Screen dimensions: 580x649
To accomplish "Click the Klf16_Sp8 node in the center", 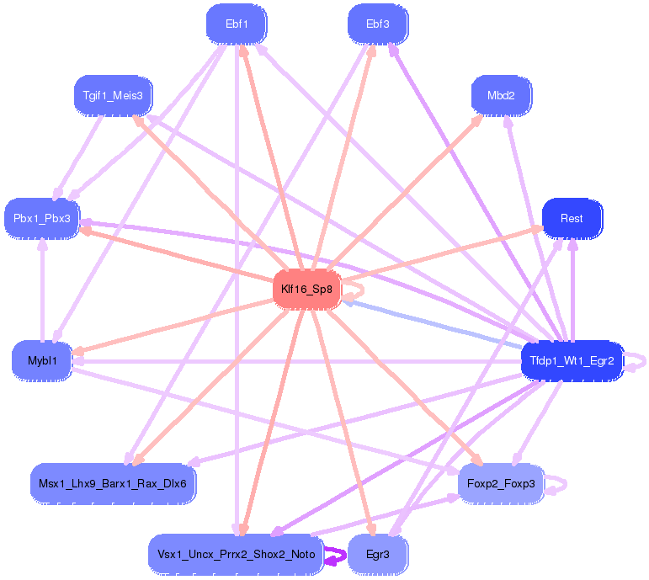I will point(306,290).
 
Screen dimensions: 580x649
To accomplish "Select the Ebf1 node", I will point(237,24).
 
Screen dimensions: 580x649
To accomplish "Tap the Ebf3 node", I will point(378,24).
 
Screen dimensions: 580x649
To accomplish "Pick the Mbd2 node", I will point(501,95).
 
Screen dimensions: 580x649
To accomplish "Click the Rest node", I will point(572,218).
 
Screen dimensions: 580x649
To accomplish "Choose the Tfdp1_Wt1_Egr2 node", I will point(572,361).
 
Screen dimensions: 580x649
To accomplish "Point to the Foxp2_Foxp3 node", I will point(501,483).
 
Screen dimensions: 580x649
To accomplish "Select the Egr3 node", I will point(378,555).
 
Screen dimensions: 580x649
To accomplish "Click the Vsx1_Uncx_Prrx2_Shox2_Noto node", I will point(236,555).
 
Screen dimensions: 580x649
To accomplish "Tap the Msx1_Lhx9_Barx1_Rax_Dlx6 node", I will point(114,483).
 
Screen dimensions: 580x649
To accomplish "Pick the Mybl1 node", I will point(41,360).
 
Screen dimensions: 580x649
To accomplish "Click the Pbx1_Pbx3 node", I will point(42,218).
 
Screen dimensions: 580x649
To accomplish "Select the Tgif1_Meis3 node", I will point(113,95).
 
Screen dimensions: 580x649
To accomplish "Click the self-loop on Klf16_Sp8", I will point(360,290).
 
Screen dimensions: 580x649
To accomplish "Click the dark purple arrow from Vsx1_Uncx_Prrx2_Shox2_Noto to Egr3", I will point(336,556).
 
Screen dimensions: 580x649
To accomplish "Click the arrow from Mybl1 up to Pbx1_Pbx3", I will point(41,290).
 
